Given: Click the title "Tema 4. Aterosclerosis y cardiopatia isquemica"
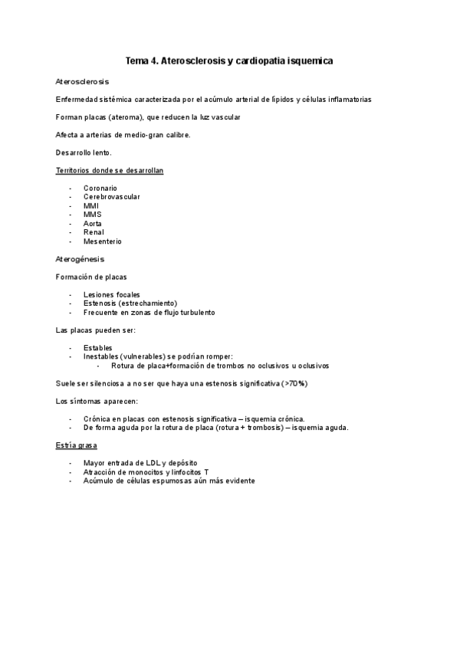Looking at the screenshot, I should pyautogui.click(x=229, y=60).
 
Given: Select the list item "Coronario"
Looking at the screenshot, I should pyautogui.click(x=100, y=188).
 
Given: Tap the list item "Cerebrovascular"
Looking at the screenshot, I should pyautogui.click(x=112, y=197).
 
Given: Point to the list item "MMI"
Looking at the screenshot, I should pyautogui.click(x=91, y=205).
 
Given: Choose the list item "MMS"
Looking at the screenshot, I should pyautogui.click(x=93, y=215).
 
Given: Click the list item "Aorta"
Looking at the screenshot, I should pyautogui.click(x=93, y=224).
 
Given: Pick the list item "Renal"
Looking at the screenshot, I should pyautogui.click(x=94, y=232).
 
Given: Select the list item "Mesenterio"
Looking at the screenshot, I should pyautogui.click(x=103, y=241).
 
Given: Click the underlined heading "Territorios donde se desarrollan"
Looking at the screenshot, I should pyautogui.click(x=109, y=170).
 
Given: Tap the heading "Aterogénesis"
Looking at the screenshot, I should pyautogui.click(x=80, y=259).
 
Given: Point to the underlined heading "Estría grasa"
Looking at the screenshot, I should pyautogui.click(x=76, y=445).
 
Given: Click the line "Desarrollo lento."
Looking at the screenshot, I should pyautogui.click(x=84, y=153).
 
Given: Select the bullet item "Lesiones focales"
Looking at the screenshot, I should pyautogui.click(x=112, y=294).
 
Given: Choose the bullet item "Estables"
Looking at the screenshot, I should pyautogui.click(x=97, y=347).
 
